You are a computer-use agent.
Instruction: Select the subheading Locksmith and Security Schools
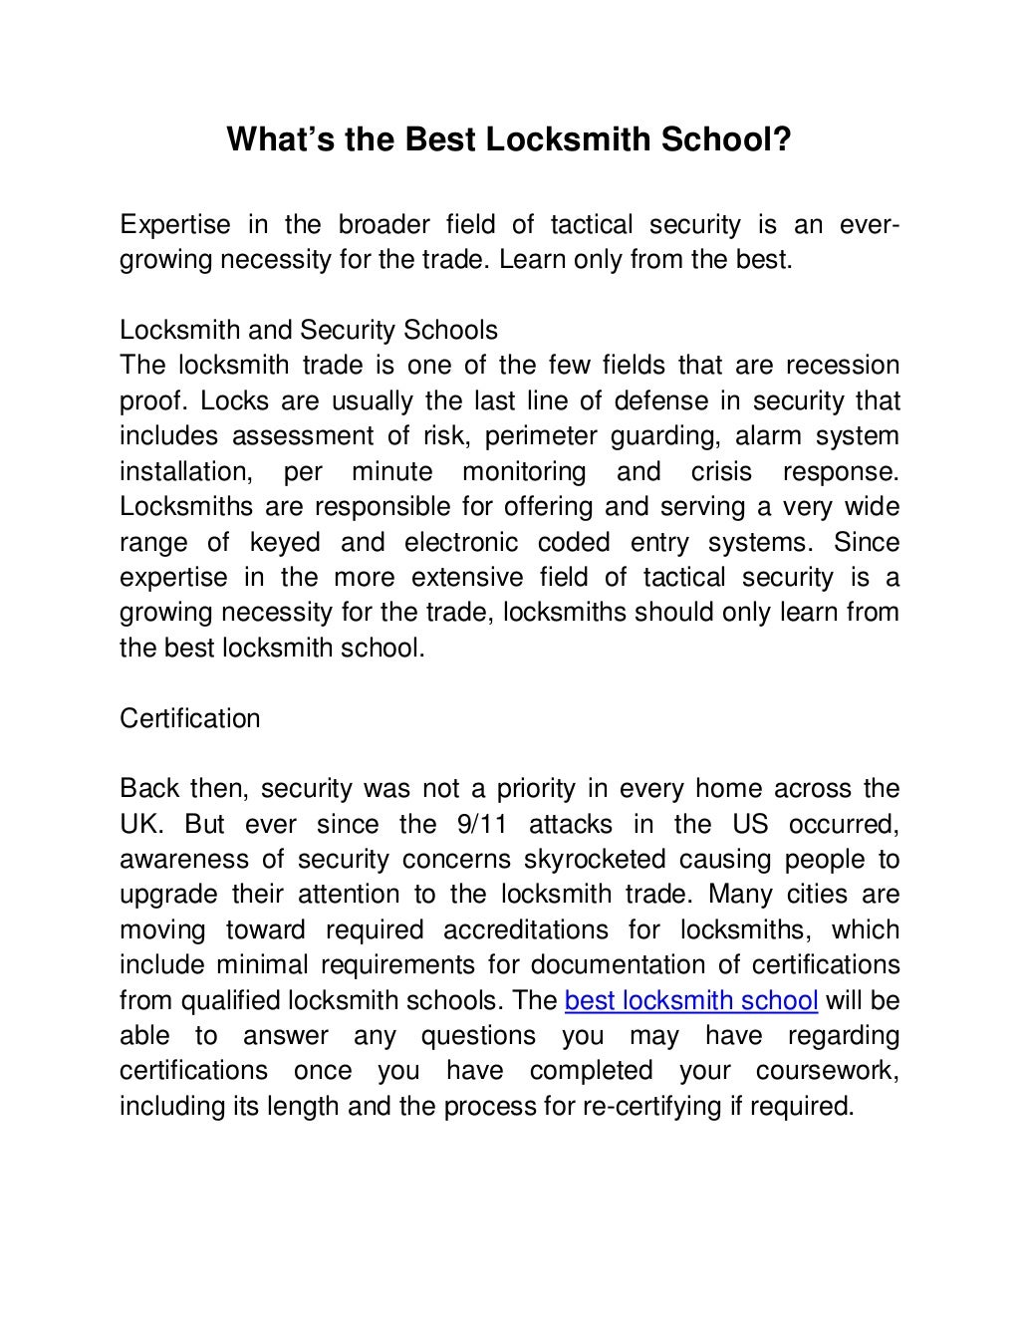point(309,330)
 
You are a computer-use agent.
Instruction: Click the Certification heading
point(190,718)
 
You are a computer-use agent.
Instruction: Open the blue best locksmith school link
point(691,1000)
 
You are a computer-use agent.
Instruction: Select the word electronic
point(461,543)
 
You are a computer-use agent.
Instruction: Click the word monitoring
point(524,471)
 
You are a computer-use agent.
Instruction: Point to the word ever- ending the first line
point(871,224)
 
